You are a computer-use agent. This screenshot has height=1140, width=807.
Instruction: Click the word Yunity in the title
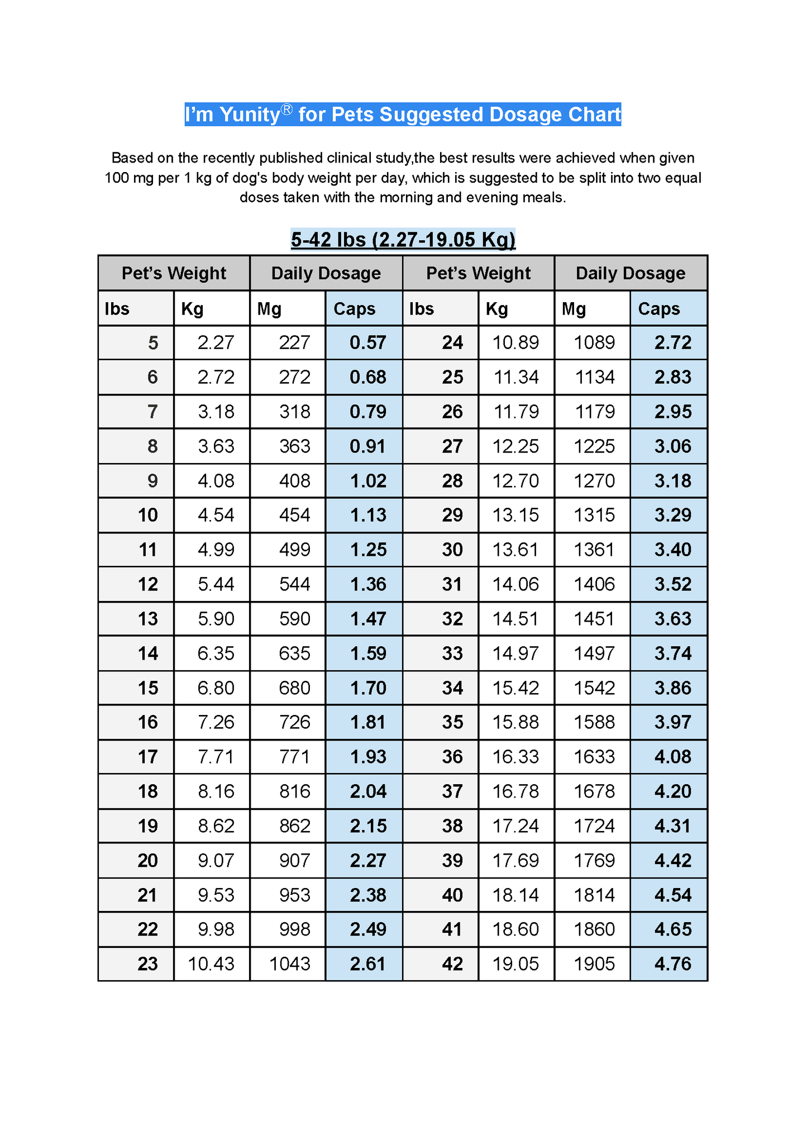[x=249, y=115]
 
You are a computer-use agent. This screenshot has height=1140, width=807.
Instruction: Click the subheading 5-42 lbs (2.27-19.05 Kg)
[x=403, y=240]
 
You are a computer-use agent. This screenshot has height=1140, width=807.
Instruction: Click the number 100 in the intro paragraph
[x=117, y=178]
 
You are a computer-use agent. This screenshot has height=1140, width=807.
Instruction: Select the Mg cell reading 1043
[x=289, y=963]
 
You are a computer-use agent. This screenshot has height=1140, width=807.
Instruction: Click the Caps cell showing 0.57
[x=367, y=342]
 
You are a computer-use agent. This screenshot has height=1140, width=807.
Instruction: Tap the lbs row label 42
[x=452, y=963]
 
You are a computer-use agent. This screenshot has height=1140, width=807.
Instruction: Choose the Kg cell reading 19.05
[x=515, y=963]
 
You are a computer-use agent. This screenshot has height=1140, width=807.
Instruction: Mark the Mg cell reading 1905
[x=594, y=963]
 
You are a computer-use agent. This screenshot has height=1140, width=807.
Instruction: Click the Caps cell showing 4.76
[x=672, y=963]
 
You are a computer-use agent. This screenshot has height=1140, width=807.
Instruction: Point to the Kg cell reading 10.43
[x=211, y=963]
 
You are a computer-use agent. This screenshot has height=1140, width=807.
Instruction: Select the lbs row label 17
[x=148, y=757]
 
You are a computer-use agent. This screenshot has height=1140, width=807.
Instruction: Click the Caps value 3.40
[x=672, y=550]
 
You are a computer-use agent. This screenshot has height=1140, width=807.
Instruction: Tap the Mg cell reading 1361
[x=594, y=550]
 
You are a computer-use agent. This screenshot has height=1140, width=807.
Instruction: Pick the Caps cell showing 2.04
[x=367, y=791]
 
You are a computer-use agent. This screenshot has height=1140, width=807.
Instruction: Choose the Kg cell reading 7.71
[x=216, y=757]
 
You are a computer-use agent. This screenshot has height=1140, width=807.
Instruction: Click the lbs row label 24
[x=452, y=342]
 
